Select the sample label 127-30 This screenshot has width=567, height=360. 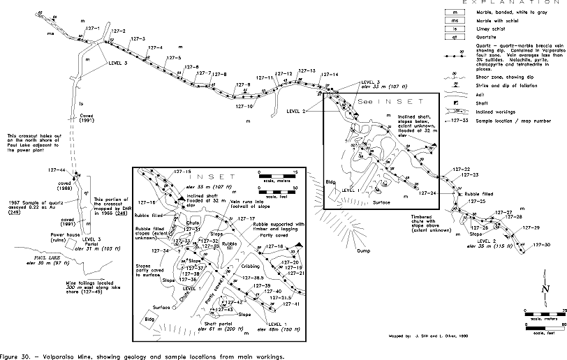(540, 245)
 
